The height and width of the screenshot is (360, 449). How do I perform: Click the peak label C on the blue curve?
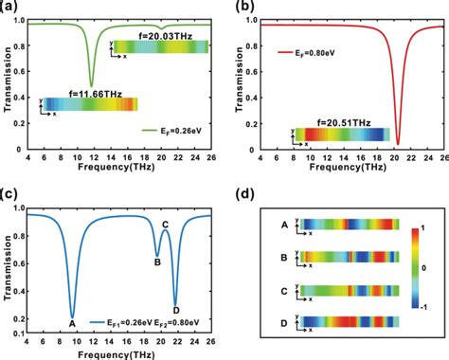pyautogui.click(x=165, y=225)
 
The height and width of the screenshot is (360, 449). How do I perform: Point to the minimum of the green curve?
pyautogui.click(x=91, y=84)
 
